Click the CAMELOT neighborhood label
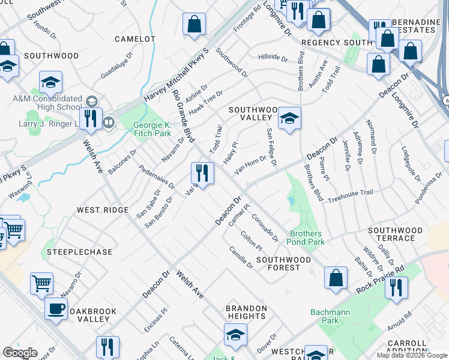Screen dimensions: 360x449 click(134, 39)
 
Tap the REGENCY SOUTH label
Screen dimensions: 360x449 click(337, 43)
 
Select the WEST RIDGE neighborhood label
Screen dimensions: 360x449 click(102, 210)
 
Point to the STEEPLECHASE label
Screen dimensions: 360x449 click(80, 252)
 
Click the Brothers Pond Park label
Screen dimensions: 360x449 click(307, 238)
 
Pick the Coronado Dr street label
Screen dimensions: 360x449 click(265, 228)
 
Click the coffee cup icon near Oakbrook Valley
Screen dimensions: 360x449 click(56, 308)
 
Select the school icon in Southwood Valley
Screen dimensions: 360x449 click(289, 118)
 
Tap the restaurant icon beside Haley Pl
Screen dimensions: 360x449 click(202, 173)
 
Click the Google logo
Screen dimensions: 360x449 click(20, 353)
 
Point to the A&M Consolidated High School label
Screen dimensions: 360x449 click(47, 103)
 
